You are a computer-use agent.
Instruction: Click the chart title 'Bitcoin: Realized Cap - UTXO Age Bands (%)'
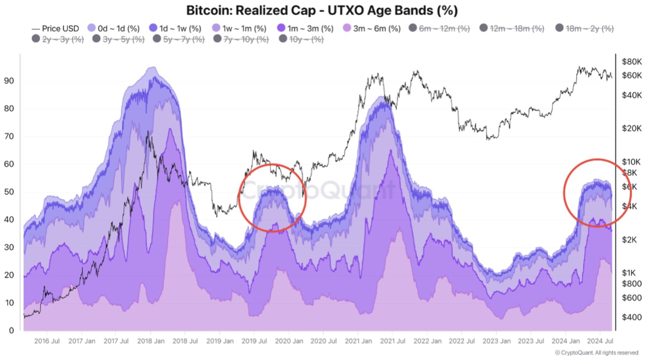click(322, 10)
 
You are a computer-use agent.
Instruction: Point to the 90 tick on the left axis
click(9, 81)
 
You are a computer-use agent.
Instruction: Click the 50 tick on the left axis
click(9, 192)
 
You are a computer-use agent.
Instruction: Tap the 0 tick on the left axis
click(11, 331)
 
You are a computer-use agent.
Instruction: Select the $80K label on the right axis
click(631, 62)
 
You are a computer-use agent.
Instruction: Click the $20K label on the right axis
click(631, 128)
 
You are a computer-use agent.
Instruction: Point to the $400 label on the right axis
click(631, 317)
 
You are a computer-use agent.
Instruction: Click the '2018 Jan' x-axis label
click(151, 341)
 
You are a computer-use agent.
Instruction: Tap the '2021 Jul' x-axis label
click(393, 341)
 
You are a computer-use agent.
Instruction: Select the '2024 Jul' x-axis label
click(600, 341)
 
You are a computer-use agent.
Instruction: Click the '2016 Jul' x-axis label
click(47, 341)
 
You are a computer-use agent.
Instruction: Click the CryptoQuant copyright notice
click(597, 353)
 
